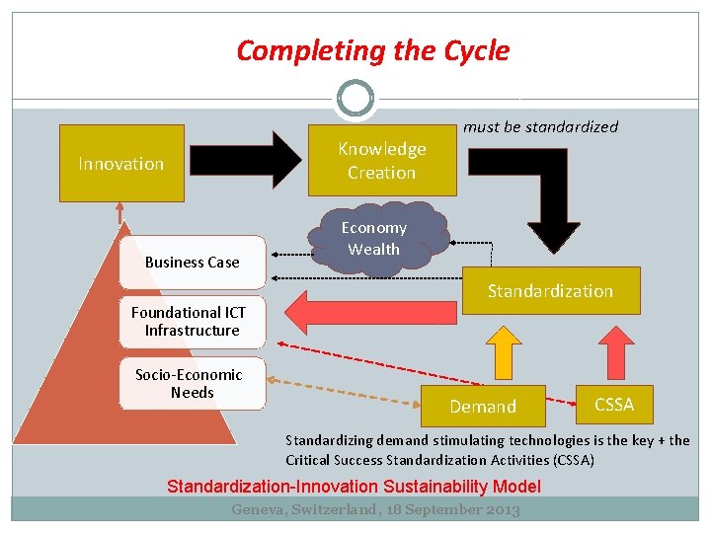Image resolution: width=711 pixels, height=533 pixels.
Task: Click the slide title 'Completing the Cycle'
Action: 373,50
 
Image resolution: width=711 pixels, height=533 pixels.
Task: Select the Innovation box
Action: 121,163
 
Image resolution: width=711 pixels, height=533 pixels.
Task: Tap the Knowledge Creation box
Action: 382,160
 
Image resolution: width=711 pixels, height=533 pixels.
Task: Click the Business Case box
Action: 193,263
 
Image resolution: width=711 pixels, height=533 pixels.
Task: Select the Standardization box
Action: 550,291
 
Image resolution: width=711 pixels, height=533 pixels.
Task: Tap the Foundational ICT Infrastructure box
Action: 193,322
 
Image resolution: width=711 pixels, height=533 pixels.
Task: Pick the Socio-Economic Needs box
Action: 193,384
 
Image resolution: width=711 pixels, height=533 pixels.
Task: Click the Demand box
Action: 483,406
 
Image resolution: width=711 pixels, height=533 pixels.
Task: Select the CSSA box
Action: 614,404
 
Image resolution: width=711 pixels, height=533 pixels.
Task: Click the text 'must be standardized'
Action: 540,126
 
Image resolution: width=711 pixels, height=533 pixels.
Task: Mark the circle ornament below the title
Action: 355,99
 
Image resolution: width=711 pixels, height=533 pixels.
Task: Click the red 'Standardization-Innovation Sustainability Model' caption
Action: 354,486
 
